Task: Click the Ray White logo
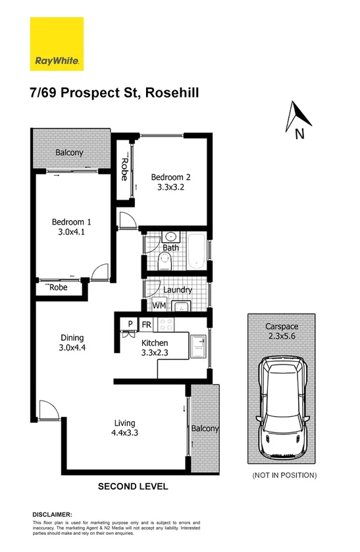pos(57,44)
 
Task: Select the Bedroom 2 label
pos(171,177)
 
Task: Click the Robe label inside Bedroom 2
pos(123,169)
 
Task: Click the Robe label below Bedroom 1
pos(58,288)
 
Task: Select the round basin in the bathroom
pos(170,236)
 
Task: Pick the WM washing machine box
pos(159,306)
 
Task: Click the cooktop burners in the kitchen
pos(165,325)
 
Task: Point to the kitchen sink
pos(197,345)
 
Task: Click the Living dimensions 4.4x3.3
pos(124,433)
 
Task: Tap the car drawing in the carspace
pos(282,410)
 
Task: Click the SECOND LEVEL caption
pos(133,487)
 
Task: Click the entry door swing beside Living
pos(47,412)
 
